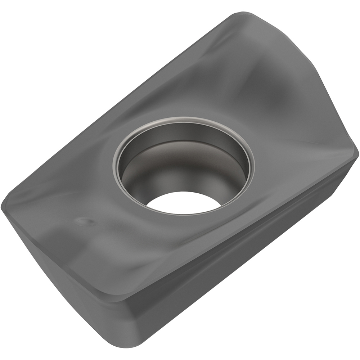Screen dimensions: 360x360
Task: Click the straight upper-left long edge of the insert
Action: click(119, 104)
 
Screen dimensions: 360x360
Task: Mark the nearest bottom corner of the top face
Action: click(122, 299)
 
